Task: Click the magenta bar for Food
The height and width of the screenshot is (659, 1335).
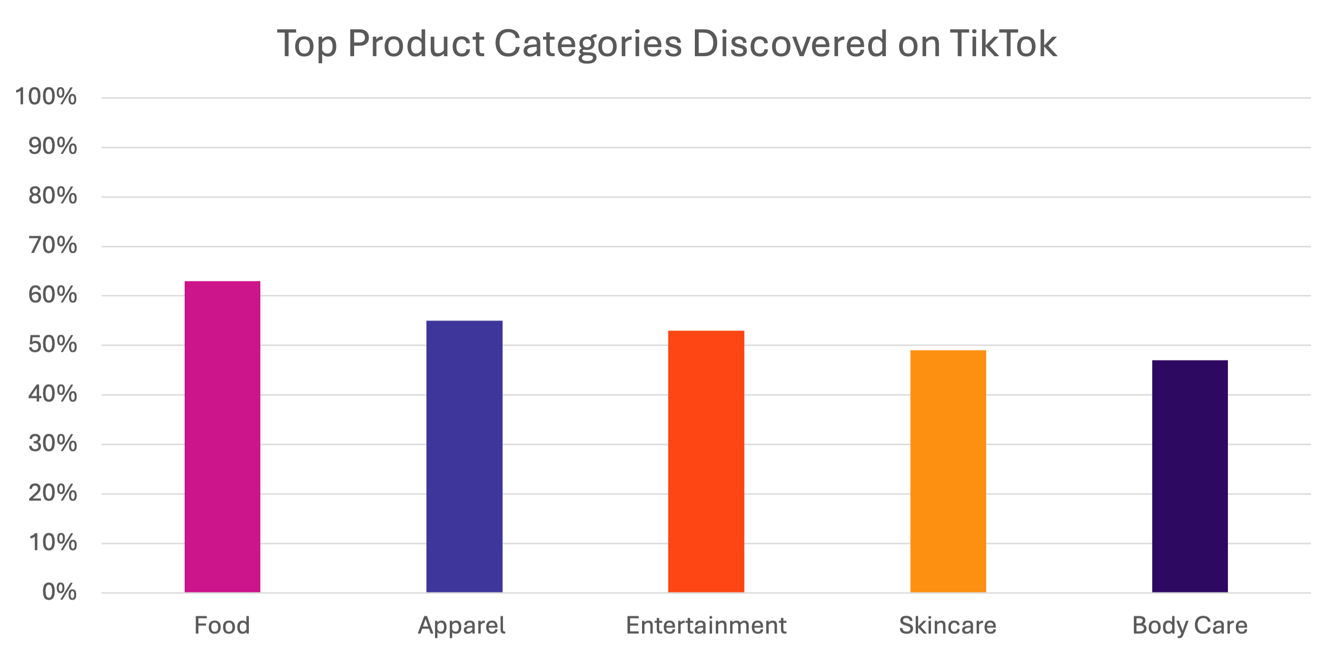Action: point(222,437)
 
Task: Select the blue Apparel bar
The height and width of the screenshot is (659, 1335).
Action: point(465,456)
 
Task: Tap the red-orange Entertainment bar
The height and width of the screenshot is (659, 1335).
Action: point(706,461)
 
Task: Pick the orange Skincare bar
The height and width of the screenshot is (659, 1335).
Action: point(948,471)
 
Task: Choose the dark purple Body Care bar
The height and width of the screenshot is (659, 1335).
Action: point(1190,476)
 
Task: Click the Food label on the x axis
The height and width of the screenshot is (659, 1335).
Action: point(222,625)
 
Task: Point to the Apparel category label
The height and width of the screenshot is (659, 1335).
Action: point(461,625)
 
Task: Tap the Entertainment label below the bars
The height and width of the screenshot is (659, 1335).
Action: point(706,625)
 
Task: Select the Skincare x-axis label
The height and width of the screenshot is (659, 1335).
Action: point(948,625)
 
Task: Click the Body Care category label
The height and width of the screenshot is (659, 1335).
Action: point(1190,625)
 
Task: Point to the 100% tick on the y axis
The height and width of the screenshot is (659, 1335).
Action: point(46,98)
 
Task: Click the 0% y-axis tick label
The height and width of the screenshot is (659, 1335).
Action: point(59,592)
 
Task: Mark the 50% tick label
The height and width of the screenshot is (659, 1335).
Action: point(52,345)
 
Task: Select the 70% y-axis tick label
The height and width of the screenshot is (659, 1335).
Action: point(52,246)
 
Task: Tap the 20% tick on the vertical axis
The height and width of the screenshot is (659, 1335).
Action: point(52,494)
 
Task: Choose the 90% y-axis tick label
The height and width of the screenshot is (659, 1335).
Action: point(52,147)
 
